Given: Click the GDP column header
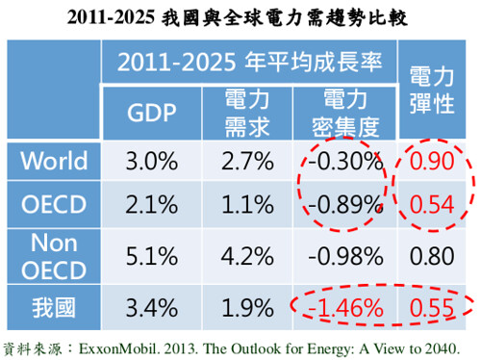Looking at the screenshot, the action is point(152,113).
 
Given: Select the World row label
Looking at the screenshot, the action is point(54,161).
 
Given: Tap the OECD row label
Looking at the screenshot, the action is point(54,204).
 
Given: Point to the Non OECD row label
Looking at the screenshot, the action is point(54,256).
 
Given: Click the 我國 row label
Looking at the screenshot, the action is point(54,308).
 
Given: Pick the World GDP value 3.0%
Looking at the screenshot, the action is point(152,161).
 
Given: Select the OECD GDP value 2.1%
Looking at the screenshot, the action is point(152,204).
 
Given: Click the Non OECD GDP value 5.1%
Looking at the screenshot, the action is point(152,256).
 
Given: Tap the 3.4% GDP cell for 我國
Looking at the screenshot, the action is point(152,308).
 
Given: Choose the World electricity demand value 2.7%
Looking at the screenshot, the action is point(247,161).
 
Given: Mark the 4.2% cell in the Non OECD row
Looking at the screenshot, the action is point(247,256).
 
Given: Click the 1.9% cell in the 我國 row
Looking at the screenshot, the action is point(247,308).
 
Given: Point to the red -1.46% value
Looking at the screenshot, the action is point(345,308).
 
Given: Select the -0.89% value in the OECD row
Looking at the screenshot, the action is point(345,204).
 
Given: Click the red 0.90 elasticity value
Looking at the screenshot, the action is point(432,161).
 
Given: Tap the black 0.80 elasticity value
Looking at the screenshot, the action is point(432,256).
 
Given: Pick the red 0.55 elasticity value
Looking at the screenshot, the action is point(432,308).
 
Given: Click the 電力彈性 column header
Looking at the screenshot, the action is point(432,90).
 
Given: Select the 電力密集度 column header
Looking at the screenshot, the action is point(345,113).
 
